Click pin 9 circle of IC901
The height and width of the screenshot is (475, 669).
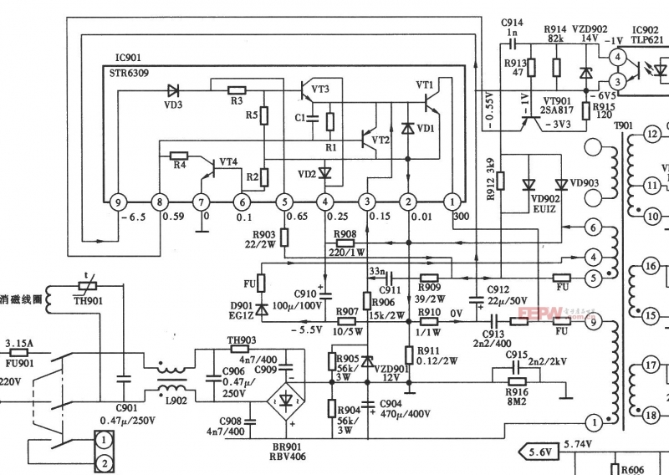click(x=118, y=202)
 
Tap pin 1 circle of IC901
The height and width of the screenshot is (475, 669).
click(x=451, y=202)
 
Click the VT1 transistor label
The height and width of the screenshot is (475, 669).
click(x=424, y=84)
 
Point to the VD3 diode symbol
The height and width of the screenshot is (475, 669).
click(x=173, y=89)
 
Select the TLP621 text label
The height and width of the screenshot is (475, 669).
click(x=648, y=38)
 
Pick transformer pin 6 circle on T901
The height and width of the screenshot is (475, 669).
click(x=592, y=227)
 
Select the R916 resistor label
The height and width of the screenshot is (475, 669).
click(x=517, y=391)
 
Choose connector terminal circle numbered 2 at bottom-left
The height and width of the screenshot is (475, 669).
click(x=104, y=462)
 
